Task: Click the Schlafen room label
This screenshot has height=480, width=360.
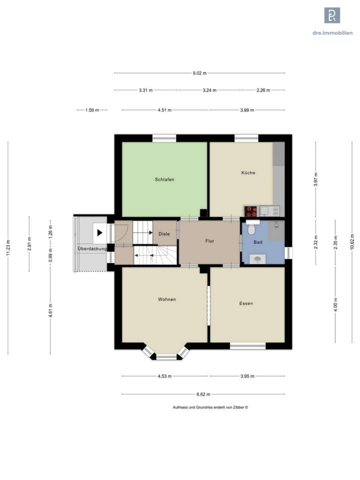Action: [x=164, y=180]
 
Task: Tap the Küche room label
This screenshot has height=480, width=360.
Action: [x=248, y=172]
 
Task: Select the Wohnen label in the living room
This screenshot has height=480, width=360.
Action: [x=167, y=300]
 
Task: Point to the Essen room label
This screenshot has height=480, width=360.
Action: [x=246, y=304]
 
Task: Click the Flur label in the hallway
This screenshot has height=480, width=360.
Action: [x=210, y=241]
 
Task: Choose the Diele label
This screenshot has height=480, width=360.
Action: [x=164, y=234]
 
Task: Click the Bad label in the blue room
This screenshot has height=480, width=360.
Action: [x=258, y=242]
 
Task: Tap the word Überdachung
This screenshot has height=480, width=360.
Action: [x=92, y=248]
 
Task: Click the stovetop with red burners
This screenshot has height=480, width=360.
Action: [x=250, y=211]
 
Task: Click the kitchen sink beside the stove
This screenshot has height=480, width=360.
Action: [x=269, y=211]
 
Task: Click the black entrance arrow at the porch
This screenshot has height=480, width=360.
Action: [x=100, y=233]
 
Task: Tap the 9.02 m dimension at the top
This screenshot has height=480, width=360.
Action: [x=200, y=73]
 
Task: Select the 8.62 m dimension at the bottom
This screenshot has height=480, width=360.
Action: [x=203, y=394]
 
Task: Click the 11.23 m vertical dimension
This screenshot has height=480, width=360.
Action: [x=8, y=248]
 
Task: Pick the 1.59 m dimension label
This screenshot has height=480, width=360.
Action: [x=92, y=110]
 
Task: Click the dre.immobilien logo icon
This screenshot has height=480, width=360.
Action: [x=332, y=15]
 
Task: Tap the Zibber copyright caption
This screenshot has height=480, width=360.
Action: [x=210, y=408]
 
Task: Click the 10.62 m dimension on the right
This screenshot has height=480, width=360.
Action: [x=352, y=242]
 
